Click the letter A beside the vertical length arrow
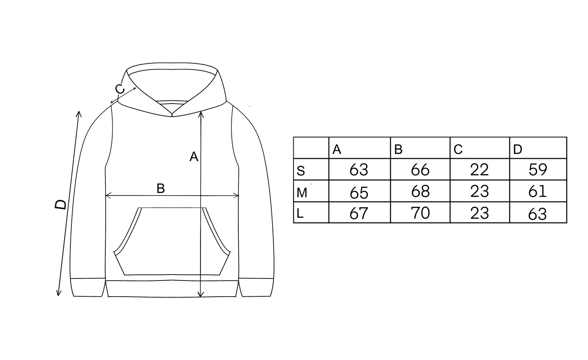click(194, 157)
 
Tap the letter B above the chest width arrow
click(161, 189)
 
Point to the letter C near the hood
click(120, 89)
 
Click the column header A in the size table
click(337, 150)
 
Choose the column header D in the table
click(518, 150)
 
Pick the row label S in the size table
click(301, 171)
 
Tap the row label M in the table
click(302, 193)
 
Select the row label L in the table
click(300, 214)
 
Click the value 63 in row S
click(359, 170)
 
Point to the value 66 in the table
click(420, 170)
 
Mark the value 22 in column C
click(479, 170)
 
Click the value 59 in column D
click(538, 169)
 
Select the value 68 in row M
click(420, 192)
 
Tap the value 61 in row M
click(538, 191)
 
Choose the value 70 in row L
click(420, 213)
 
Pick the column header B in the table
click(398, 150)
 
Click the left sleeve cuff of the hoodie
click(88, 288)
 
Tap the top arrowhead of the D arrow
click(79, 113)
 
